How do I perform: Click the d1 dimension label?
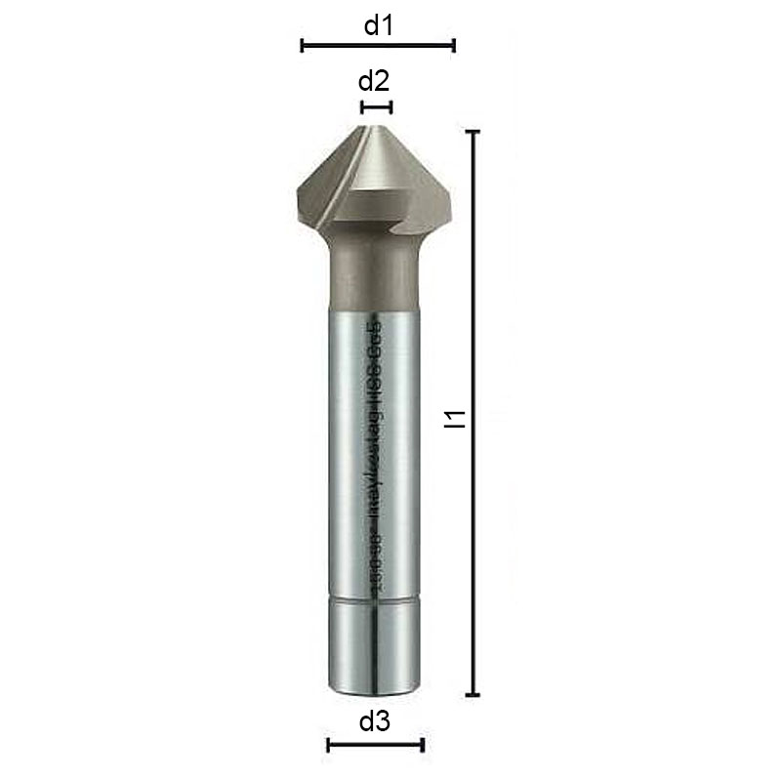coord(378,25)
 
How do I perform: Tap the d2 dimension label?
coord(376,80)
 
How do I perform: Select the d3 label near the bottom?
coord(375,722)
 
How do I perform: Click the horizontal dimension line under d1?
coord(378,44)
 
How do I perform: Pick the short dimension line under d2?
coord(376,106)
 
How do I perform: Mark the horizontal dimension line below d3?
coord(375,746)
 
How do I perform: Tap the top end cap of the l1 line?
coord(473,131)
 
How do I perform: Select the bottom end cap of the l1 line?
coord(473,695)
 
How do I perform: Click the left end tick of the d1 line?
coord(303,44)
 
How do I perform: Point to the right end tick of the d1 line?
coord(454,44)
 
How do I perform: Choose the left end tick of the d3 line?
coord(328,746)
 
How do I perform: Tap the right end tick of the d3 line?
coord(423,746)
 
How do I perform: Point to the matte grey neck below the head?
coord(375,278)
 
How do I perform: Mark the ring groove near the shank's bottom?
coord(375,603)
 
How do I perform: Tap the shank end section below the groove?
coord(375,649)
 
